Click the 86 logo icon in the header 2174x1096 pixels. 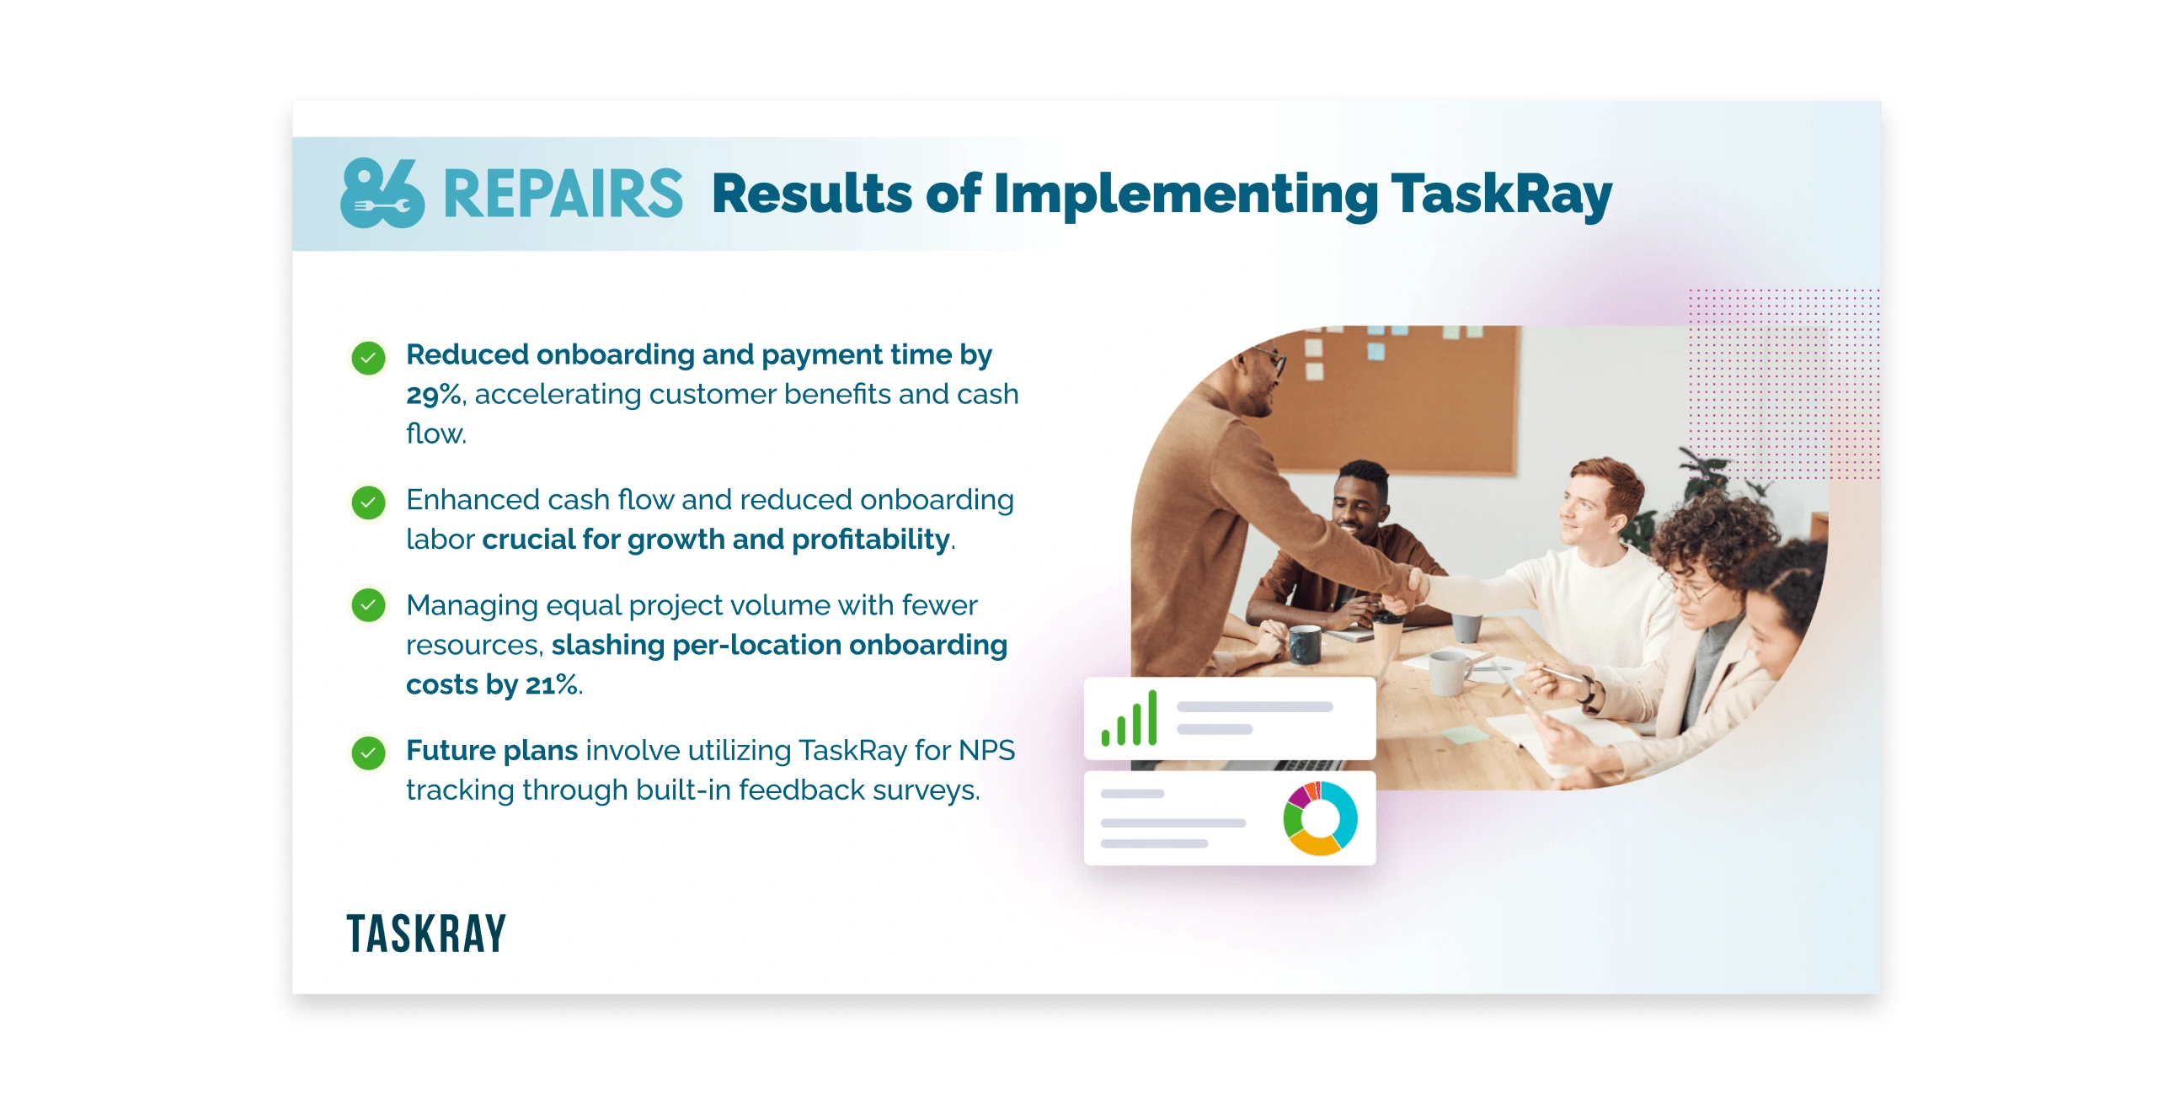click(382, 194)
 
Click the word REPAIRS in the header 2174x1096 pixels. click(563, 194)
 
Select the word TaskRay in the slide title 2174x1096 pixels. click(1501, 194)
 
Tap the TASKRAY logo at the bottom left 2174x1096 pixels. click(426, 934)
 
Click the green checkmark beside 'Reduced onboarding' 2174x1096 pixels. click(369, 358)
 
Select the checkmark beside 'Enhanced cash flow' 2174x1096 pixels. click(369, 503)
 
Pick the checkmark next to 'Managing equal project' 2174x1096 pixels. click(369, 605)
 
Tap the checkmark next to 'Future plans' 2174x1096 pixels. click(369, 753)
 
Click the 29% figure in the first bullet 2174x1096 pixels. click(434, 394)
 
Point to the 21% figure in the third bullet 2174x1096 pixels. click(552, 684)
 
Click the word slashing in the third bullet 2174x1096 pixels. click(608, 646)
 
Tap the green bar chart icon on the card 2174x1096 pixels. click(1129, 718)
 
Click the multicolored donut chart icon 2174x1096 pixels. click(1320, 817)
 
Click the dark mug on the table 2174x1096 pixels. click(1305, 645)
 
